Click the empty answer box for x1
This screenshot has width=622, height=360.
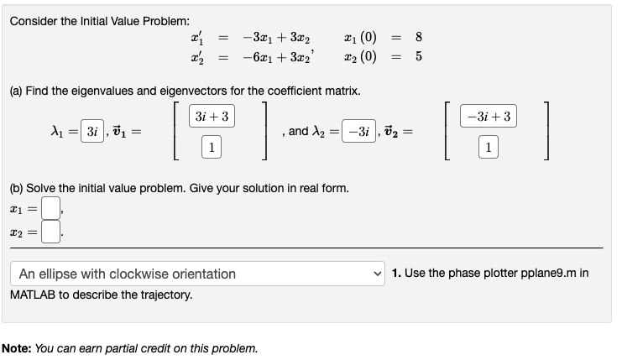coord(50,206)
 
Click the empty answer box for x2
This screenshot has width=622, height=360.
coord(50,229)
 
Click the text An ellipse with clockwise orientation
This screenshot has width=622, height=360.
coord(128,274)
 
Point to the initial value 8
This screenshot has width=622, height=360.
coord(419,36)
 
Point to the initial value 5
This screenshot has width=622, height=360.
coord(419,57)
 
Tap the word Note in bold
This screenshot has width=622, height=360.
coord(18,347)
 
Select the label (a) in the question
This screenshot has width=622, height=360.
coord(18,90)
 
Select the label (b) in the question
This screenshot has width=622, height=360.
coord(18,188)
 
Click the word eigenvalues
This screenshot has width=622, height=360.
coord(105,90)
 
